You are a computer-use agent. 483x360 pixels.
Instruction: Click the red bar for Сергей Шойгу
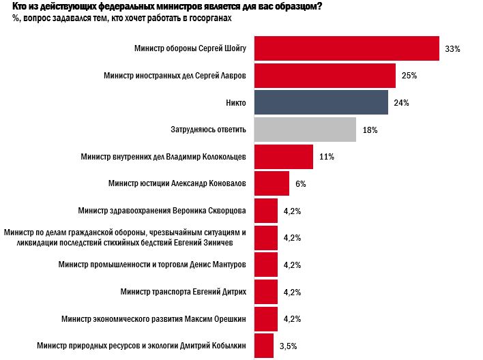pos(346,48)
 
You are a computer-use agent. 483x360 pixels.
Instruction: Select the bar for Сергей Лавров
pos(325,75)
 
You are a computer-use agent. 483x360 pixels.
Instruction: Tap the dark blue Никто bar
pos(321,102)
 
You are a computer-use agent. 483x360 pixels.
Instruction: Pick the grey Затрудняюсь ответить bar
pos(305,129)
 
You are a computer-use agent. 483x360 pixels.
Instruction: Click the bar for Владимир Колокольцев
pos(283,156)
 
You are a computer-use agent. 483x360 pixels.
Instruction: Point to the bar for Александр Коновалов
pos(272,183)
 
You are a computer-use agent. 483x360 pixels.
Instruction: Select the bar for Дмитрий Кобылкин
pos(264,346)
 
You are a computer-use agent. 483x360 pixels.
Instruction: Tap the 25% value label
pos(410,76)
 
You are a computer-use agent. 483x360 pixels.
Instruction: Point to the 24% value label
pos(401,103)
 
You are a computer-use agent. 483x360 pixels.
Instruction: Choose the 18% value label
pos(370,130)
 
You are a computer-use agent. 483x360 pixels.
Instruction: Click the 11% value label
pos(326,157)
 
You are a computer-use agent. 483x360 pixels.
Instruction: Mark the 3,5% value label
pos(289,346)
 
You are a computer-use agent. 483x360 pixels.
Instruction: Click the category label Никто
pos(235,102)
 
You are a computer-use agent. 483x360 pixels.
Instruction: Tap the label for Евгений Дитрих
pos(183,292)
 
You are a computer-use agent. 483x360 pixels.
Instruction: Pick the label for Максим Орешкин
pos(153,318)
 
